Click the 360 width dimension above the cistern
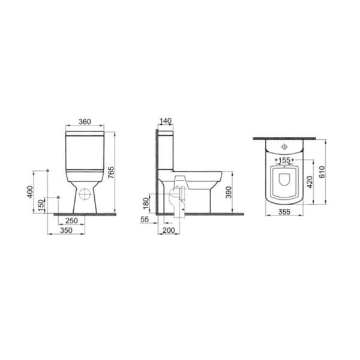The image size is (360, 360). [x=84, y=122]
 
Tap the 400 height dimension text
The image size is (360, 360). [x=31, y=192]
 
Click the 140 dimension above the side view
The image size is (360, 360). [x=166, y=121]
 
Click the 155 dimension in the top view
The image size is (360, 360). [x=284, y=160]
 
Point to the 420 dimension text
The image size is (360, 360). [x=310, y=182]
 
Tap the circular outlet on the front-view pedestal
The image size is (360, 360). [x=84, y=194]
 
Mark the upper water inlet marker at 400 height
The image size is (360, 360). [x=47, y=170]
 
